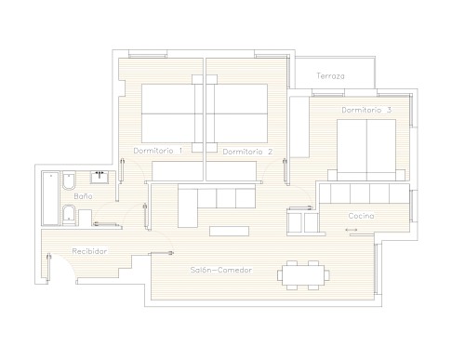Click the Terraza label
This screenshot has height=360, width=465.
pyautogui.click(x=330, y=76)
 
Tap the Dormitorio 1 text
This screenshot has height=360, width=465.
pyautogui.click(x=158, y=151)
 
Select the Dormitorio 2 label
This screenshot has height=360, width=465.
pyautogui.click(x=247, y=152)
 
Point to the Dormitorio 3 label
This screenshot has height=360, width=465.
pyautogui.click(x=366, y=110)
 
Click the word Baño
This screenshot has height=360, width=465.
pyautogui.click(x=83, y=196)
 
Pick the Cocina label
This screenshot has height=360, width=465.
pyautogui.click(x=361, y=216)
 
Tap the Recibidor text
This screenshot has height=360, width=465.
pyautogui.click(x=89, y=251)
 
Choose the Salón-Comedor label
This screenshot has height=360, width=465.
pyautogui.click(x=221, y=270)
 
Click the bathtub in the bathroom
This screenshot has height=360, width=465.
pyautogui.click(x=50, y=198)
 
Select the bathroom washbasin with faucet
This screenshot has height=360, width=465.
pyautogui.click(x=100, y=177)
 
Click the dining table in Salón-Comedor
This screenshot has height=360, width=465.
pyautogui.click(x=303, y=275)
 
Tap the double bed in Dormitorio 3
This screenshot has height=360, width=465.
pyautogui.click(x=366, y=150)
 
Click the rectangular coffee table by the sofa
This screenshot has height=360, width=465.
pyautogui.click(x=229, y=231)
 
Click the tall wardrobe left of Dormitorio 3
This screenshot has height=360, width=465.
pyautogui.click(x=299, y=127)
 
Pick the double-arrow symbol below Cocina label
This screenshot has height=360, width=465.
pyautogui.click(x=352, y=230)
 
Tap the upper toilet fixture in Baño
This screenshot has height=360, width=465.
pyautogui.click(x=69, y=180)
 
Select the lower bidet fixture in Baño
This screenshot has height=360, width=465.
pyautogui.click(x=69, y=215)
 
